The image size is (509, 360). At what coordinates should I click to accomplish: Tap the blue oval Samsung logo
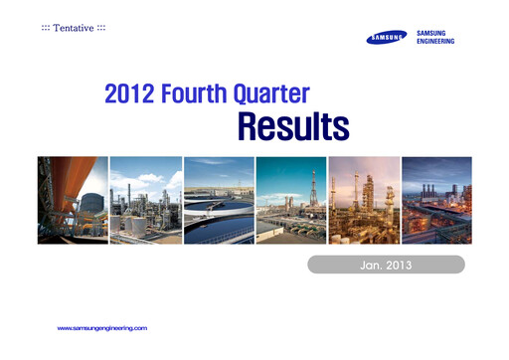pyautogui.click(x=388, y=39)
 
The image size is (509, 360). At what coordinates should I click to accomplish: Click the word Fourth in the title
pyautogui.click(x=199, y=96)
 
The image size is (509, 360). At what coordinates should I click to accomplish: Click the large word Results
pyautogui.click(x=292, y=127)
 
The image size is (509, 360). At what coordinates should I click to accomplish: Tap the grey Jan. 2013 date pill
pyautogui.click(x=386, y=266)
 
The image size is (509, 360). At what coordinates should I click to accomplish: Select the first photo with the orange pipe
pyautogui.click(x=72, y=200)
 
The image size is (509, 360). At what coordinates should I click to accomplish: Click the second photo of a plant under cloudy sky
pyautogui.click(x=145, y=200)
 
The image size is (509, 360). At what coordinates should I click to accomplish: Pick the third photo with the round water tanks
pyautogui.click(x=218, y=200)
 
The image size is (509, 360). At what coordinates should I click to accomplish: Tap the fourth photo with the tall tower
pyautogui.click(x=290, y=200)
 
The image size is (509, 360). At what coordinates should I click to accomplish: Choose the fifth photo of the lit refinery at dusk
pyautogui.click(x=363, y=200)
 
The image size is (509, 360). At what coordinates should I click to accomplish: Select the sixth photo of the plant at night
pyautogui.click(x=435, y=200)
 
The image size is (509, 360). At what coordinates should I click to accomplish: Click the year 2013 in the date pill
pyautogui.click(x=399, y=266)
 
